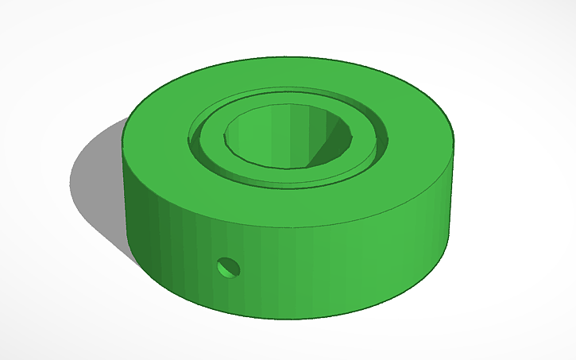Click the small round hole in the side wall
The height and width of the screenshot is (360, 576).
point(229,268)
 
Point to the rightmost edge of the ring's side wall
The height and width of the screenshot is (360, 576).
point(457,191)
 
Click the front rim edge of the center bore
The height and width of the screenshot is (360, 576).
point(286,168)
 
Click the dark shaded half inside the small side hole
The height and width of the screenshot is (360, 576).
point(225,266)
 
